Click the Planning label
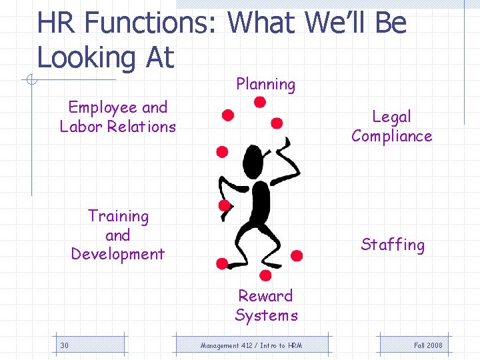click(x=265, y=84)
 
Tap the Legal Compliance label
click(x=391, y=126)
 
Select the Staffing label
click(x=393, y=245)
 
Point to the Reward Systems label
click(x=266, y=305)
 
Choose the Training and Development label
click(x=118, y=235)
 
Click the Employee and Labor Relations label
click(x=118, y=117)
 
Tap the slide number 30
click(x=65, y=345)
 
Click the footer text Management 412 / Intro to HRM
click(x=251, y=345)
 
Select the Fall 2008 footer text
click(x=428, y=345)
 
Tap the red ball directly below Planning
click(x=260, y=102)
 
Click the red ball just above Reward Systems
click(x=265, y=275)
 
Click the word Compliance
click(x=391, y=136)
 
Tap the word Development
click(x=118, y=254)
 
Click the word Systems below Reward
click(x=266, y=315)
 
